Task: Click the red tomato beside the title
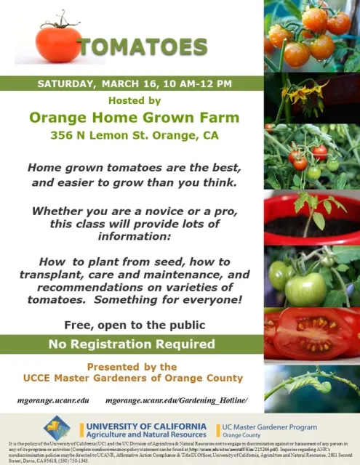(57, 43)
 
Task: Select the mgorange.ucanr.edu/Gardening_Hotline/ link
(177, 400)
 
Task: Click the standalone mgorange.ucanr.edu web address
(53, 400)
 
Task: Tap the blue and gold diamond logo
(57, 426)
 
